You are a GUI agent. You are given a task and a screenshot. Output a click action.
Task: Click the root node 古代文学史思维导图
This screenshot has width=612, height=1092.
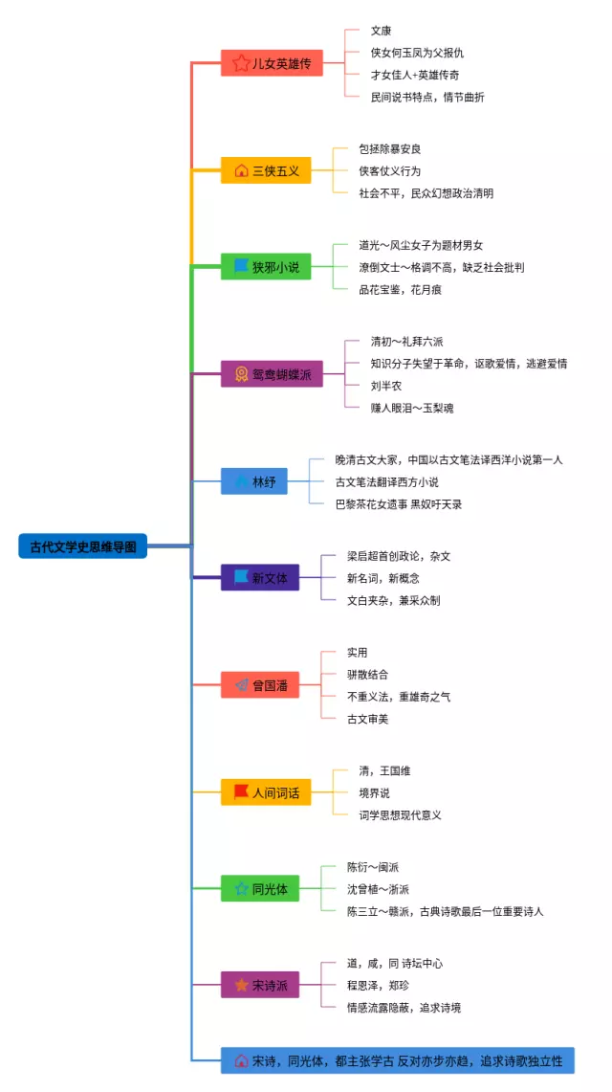[82, 546]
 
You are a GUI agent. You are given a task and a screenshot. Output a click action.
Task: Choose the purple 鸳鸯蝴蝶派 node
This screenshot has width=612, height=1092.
[272, 374]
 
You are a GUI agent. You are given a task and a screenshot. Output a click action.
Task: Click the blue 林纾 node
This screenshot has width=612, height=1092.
[253, 481]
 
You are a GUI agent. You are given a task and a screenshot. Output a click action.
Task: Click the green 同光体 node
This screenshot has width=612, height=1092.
[259, 889]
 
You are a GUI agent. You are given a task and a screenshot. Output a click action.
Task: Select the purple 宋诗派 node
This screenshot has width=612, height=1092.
[259, 985]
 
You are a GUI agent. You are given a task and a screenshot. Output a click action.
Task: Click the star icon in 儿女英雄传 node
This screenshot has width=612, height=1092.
[241, 64]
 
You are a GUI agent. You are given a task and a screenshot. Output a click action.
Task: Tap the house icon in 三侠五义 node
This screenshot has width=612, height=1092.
[241, 171]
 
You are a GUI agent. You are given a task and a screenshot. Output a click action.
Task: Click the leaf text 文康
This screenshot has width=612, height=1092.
[382, 31]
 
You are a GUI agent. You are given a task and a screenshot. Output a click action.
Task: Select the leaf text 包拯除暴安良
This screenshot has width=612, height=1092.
[390, 148]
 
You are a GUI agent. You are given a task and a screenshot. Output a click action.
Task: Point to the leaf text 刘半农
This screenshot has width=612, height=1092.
[386, 386]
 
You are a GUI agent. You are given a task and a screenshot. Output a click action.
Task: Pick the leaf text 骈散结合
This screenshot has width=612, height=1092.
[368, 675]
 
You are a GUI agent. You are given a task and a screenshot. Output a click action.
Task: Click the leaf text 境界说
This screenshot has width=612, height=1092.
[375, 792]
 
